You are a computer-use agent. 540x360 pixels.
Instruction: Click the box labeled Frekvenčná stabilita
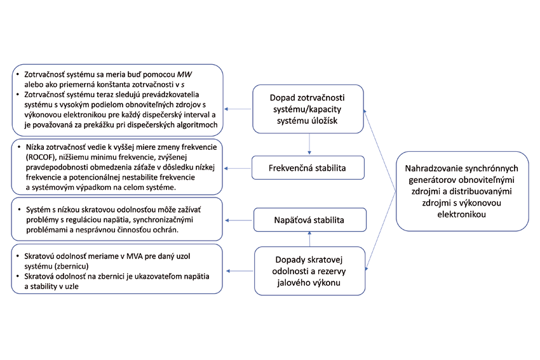coord(309,168)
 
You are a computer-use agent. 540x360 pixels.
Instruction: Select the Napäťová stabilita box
coord(309,220)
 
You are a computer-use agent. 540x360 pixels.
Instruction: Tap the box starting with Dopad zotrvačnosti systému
coord(308,109)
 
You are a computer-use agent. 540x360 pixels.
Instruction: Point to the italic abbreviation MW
coord(184,74)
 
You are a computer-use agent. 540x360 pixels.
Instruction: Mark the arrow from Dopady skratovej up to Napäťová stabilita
coord(309,239)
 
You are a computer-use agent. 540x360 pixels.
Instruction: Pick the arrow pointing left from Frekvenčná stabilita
coord(238,169)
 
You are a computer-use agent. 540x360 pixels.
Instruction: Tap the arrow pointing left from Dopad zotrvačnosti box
coord(238,109)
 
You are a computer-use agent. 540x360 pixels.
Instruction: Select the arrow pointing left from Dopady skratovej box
coord(238,271)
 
